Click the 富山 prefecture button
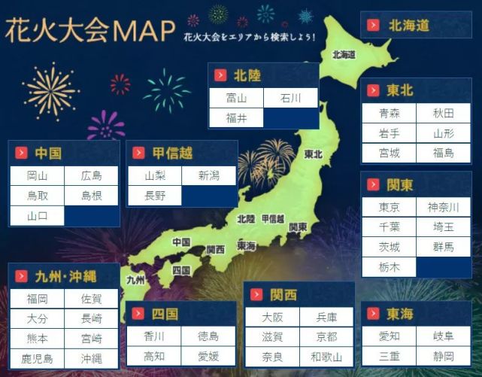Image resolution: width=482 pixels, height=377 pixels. tap(236, 98)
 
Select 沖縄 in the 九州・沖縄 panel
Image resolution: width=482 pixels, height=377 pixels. tap(91, 359)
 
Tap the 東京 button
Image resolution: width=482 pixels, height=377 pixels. tap(389, 208)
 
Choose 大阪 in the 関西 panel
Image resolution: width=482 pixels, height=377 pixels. tap(272, 318)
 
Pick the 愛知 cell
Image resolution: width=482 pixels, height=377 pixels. tap(389, 336)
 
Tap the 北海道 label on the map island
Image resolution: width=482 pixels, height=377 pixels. tap(344, 55)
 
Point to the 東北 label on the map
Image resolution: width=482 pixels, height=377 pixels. tap(313, 154)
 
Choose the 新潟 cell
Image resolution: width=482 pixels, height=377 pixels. tap(209, 175)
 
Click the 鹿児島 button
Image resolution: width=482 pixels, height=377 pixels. tap(36, 359)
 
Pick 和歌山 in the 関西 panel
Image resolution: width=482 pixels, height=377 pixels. tap(326, 357)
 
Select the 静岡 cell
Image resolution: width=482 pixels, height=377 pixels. tap(444, 356)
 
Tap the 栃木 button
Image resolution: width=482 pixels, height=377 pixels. tap(389, 267)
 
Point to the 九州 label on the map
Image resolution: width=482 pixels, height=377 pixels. tap(135, 280)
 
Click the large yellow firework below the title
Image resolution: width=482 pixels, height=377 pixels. tap(50, 91)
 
